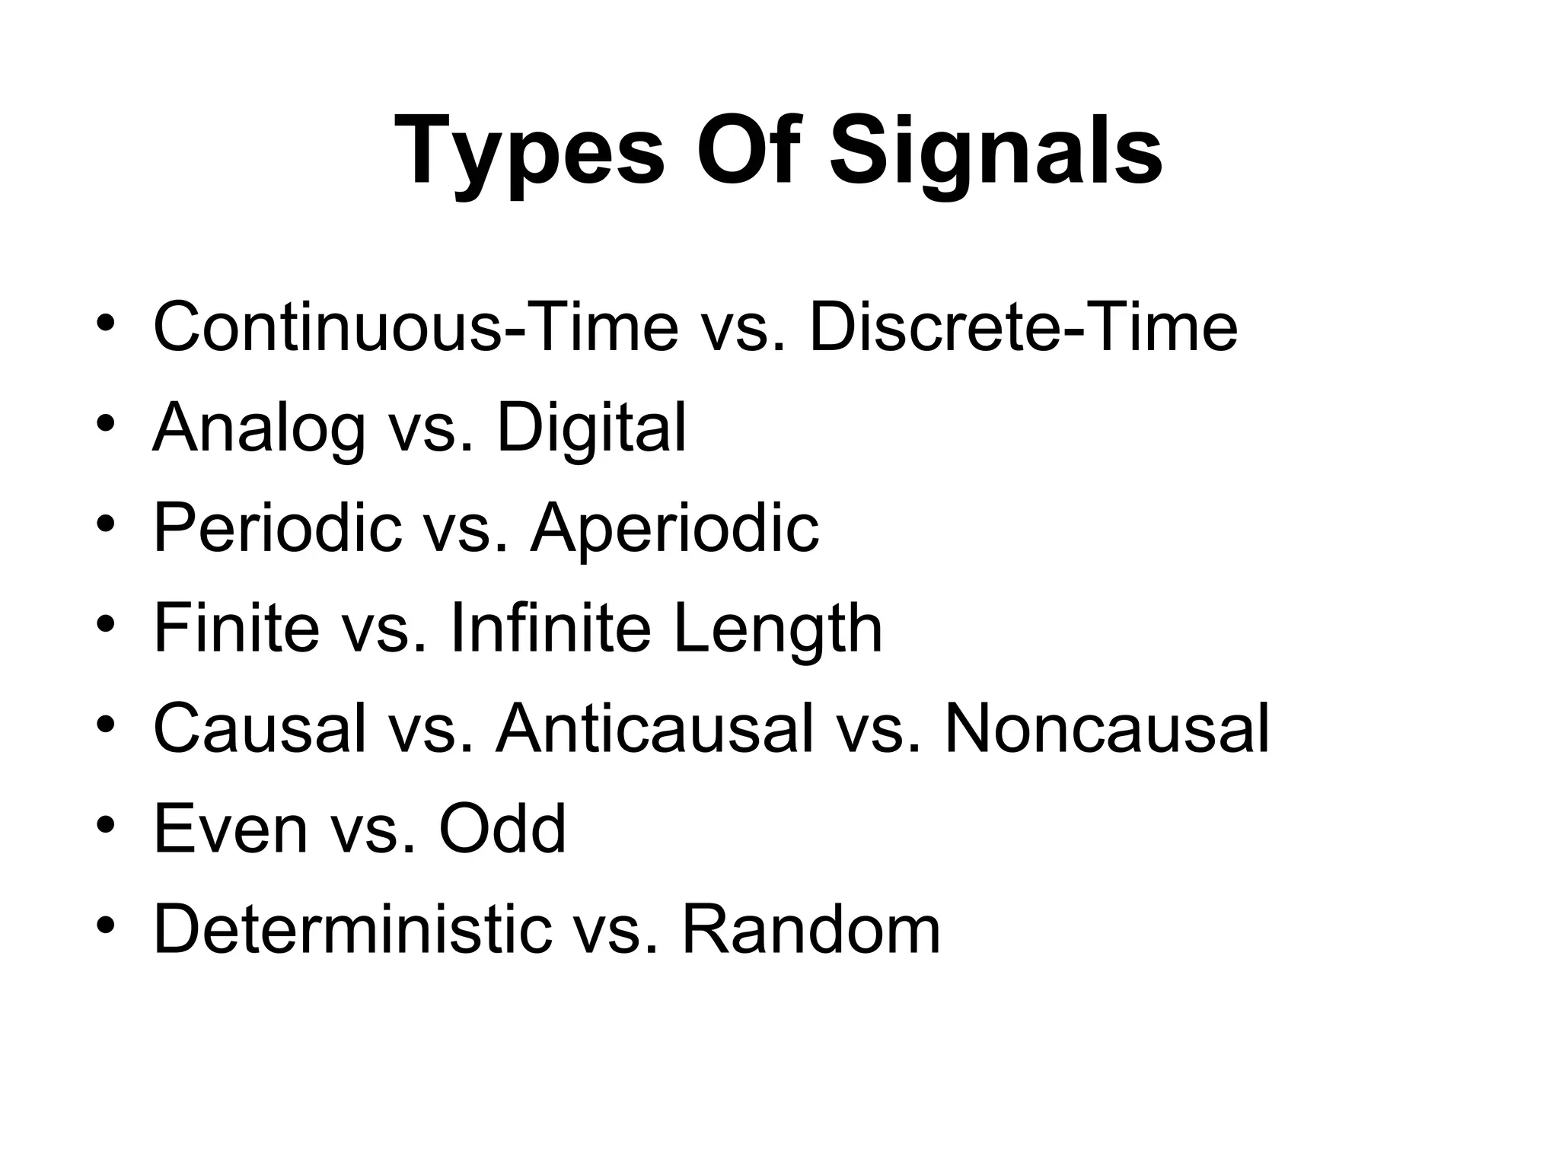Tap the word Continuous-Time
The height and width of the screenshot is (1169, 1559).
pos(416,327)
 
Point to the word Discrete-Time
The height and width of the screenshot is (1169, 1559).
pos(1023,327)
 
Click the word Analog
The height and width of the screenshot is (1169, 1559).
pos(260,428)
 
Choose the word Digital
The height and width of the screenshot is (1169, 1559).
pos(591,428)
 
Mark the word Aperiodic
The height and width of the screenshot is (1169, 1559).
pos(674,528)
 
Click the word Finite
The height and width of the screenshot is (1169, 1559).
pos(237,629)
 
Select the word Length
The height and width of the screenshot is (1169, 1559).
pos(778,629)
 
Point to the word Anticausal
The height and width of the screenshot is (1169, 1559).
pos(655,729)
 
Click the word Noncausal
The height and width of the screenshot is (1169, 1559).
pos(1107,729)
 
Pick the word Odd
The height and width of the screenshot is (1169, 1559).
pos(502,830)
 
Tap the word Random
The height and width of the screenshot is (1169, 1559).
pos(811,930)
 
